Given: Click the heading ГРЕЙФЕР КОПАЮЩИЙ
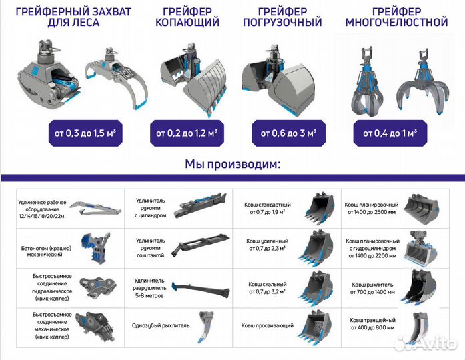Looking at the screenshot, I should tap(187, 17).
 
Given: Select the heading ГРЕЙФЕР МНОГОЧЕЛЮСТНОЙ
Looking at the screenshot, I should tap(396, 17).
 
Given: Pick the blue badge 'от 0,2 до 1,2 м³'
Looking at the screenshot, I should tap(187, 133).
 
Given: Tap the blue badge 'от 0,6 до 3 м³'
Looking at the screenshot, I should tap(288, 133).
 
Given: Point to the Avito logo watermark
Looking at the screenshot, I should tap(426, 343).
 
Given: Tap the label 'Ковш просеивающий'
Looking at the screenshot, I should tap(266, 325).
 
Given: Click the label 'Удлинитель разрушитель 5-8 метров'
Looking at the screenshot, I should tap(153, 287).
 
